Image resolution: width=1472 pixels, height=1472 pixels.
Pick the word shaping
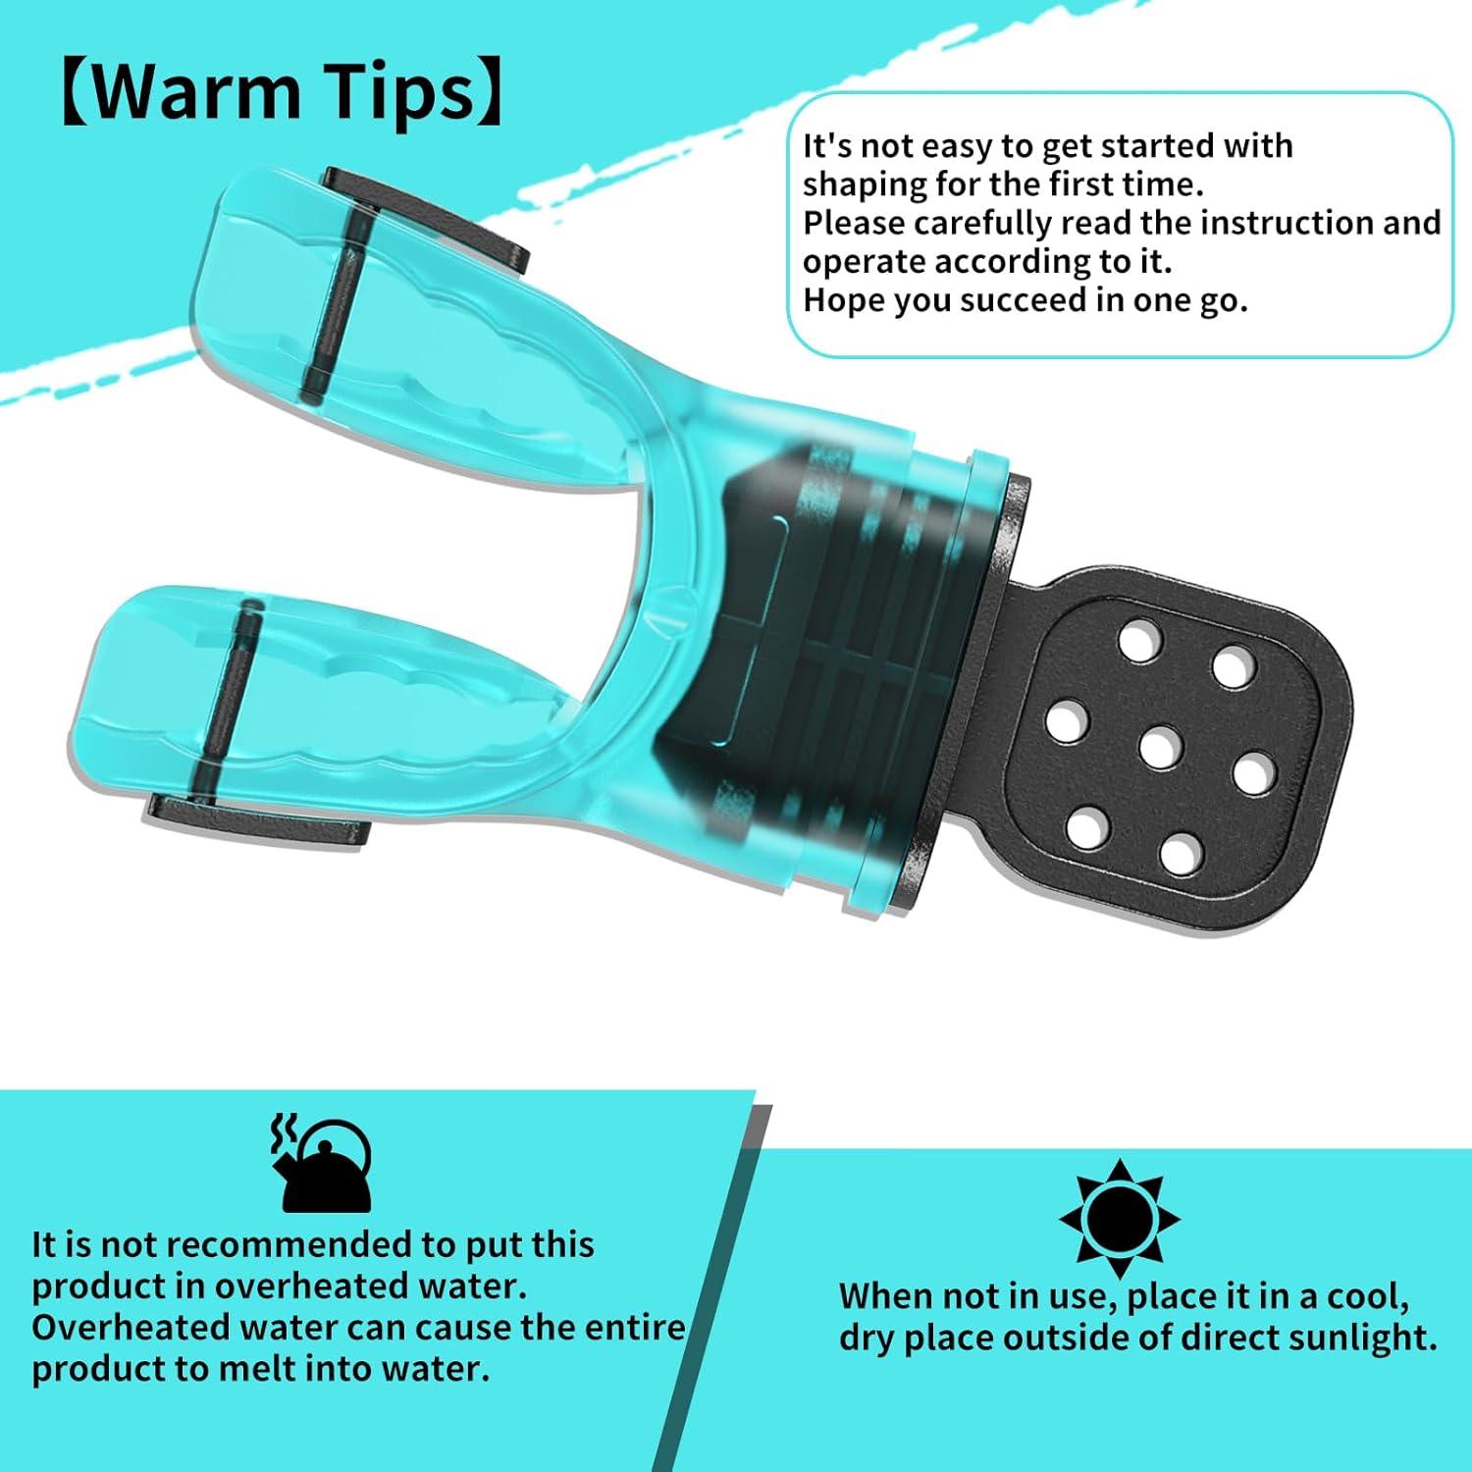pos(851,184)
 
